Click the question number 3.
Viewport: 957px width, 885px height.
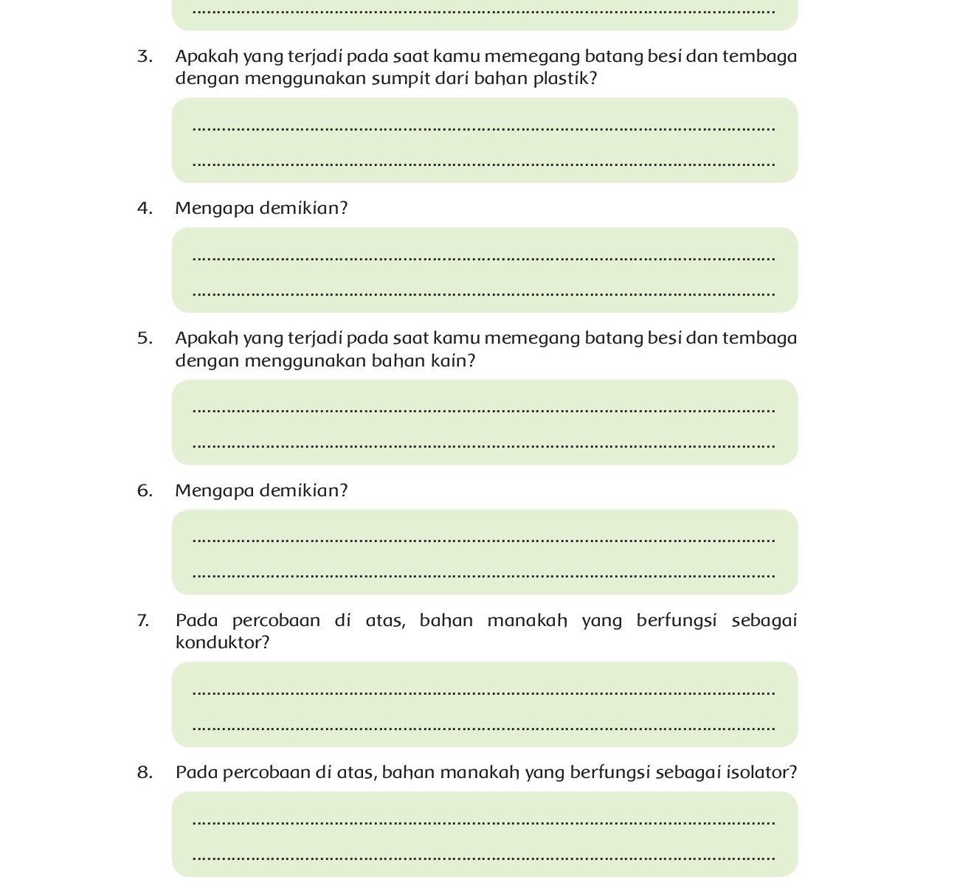tap(145, 57)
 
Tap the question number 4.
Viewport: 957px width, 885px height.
tap(145, 209)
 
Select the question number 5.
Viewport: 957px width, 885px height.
tap(145, 339)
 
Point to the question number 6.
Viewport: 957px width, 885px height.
tap(145, 491)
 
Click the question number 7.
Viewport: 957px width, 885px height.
tap(143, 621)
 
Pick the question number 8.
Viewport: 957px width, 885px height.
tap(145, 773)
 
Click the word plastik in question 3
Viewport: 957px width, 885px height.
tap(564, 78)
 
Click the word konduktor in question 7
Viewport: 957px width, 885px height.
tap(222, 643)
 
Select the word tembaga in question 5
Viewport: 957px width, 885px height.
tap(759, 339)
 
